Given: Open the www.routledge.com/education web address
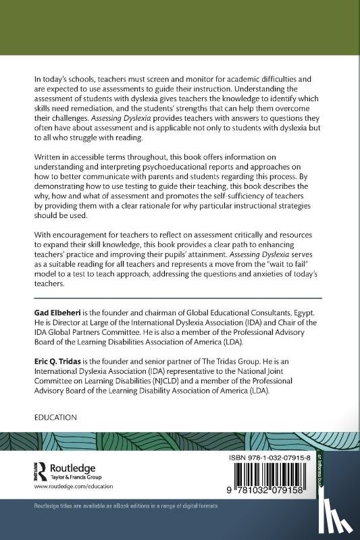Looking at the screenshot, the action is coord(73,486).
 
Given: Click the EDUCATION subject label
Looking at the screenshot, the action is coord(55,418).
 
